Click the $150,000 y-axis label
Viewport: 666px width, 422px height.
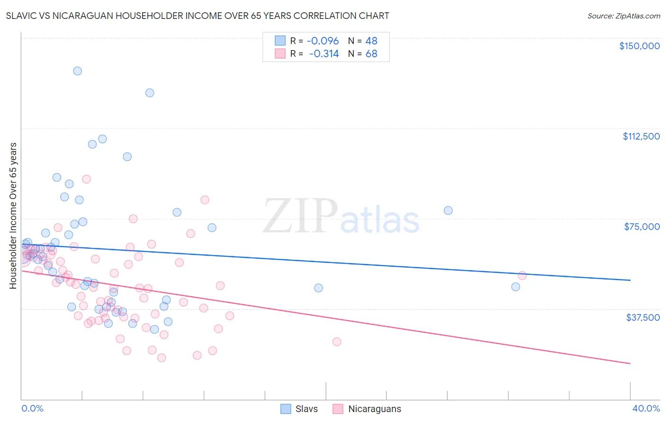point(639,46)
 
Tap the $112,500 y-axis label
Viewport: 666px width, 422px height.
point(641,136)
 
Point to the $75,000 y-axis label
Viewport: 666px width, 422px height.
point(642,227)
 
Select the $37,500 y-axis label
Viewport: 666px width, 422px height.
point(642,317)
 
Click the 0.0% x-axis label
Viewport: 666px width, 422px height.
point(32,408)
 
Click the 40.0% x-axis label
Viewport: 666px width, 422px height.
point(646,408)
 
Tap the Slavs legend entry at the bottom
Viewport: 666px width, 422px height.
point(299,409)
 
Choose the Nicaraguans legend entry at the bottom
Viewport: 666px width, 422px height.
point(367,409)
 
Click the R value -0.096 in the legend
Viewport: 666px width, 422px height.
point(323,41)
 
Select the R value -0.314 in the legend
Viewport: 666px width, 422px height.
point(324,53)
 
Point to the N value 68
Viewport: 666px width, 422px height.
point(371,53)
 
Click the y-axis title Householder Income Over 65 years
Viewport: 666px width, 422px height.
point(13,215)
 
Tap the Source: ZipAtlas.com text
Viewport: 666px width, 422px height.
point(623,16)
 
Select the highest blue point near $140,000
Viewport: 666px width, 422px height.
point(77,71)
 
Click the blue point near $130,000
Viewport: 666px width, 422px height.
point(150,93)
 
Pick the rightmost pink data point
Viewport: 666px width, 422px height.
point(522,275)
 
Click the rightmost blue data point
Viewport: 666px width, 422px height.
point(515,287)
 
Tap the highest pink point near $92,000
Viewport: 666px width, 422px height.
point(86,179)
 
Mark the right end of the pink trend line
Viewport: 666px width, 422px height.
point(630,363)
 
